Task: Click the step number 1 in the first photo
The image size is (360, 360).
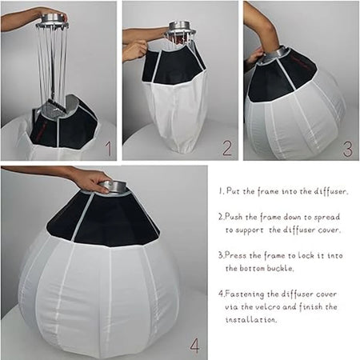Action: click(108, 149)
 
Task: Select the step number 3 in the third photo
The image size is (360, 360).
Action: click(347, 149)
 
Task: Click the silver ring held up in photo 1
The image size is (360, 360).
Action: click(52, 17)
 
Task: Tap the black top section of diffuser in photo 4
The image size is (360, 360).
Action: click(104, 220)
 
